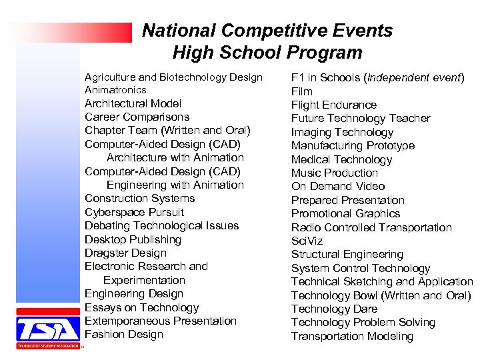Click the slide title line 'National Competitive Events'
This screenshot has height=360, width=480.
(x=267, y=31)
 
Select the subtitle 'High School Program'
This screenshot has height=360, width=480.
(x=267, y=53)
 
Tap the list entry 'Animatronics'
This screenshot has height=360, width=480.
(x=115, y=89)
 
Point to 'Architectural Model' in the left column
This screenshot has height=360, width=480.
(x=133, y=103)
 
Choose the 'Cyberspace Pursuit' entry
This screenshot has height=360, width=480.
(x=134, y=212)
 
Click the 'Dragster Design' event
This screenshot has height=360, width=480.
(x=125, y=253)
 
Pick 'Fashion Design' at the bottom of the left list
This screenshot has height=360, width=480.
(x=123, y=335)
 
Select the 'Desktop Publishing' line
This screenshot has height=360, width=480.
(x=133, y=239)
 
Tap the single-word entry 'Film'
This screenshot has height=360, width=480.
(x=302, y=91)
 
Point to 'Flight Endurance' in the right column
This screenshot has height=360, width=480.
(x=333, y=105)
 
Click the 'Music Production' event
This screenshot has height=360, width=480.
(x=335, y=173)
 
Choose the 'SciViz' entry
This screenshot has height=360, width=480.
(x=307, y=241)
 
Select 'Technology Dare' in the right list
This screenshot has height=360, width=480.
(x=334, y=309)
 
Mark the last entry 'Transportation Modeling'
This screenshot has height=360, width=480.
(x=352, y=336)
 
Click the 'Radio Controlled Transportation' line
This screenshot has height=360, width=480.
(x=371, y=227)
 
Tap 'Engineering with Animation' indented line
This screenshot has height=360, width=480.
(x=175, y=185)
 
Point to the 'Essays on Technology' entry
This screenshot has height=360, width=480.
(x=141, y=307)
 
